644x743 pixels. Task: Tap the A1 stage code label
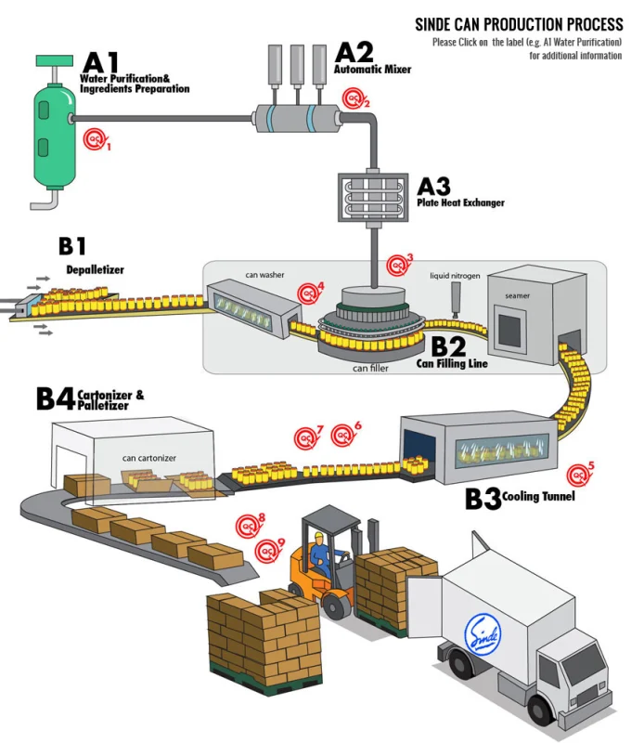[x=101, y=63]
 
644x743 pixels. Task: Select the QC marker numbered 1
[x=95, y=140]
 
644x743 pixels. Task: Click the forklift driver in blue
[x=321, y=555]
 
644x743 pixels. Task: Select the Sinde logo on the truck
[x=482, y=632]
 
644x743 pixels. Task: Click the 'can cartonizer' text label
[x=149, y=458]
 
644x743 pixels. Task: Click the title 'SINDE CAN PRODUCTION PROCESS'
[x=519, y=24]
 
